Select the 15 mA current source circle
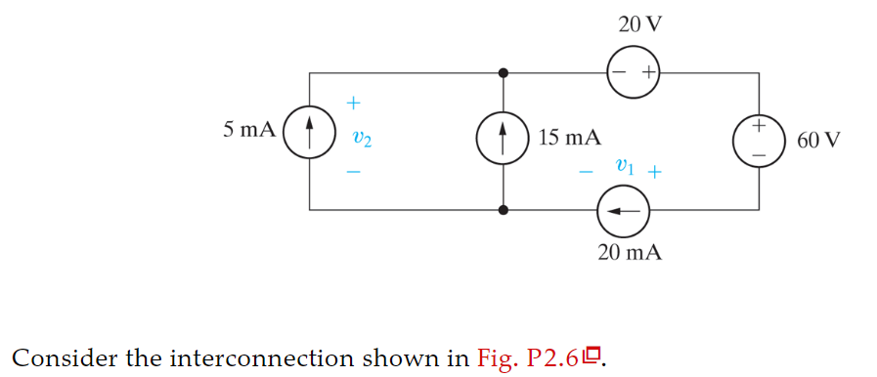tap(503, 140)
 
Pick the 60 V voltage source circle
tap(759, 140)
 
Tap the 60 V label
tap(817, 140)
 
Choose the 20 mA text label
tap(630, 252)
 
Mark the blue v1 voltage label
tap(626, 167)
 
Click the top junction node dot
tap(503, 72)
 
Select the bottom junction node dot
tap(503, 209)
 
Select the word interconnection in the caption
tap(260, 357)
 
